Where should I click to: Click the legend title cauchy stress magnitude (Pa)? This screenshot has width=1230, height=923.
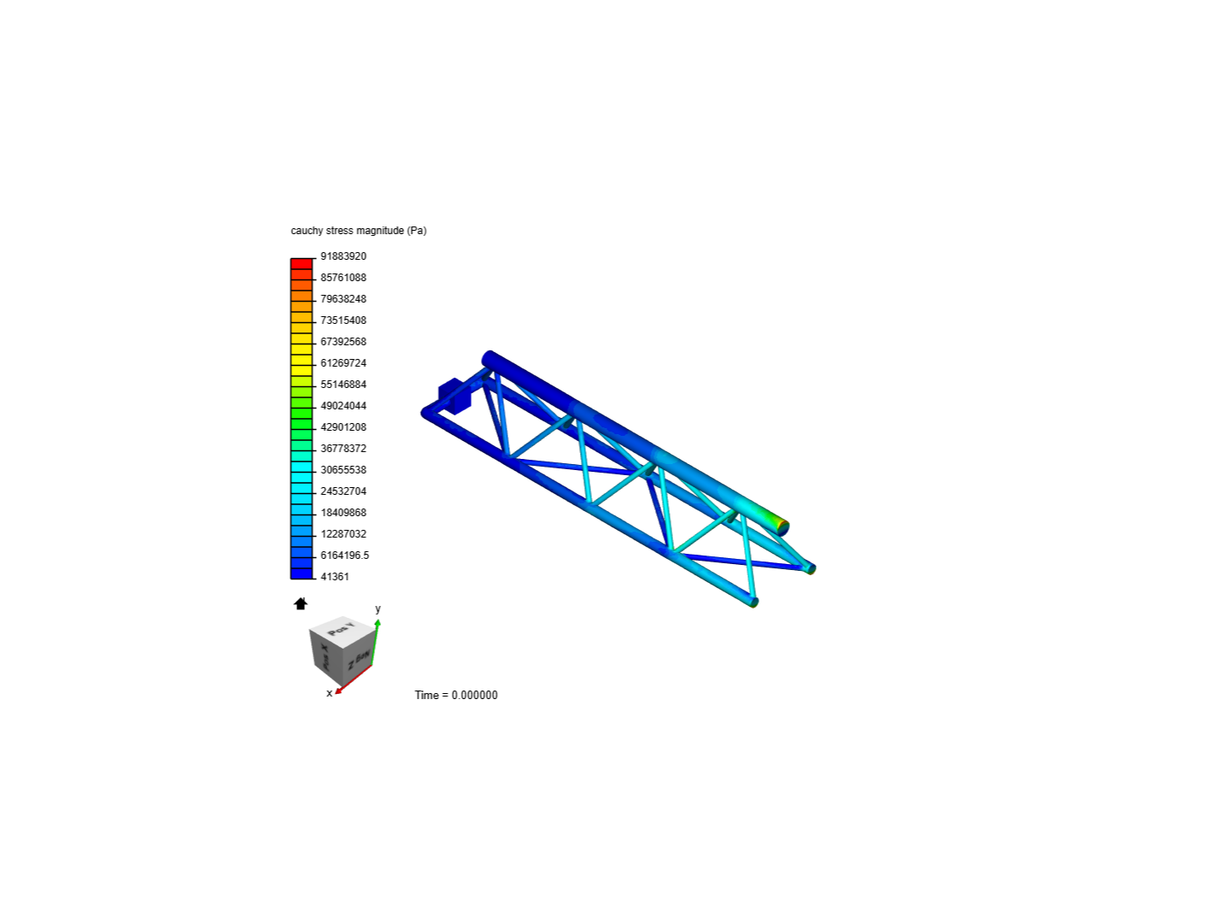coord(358,231)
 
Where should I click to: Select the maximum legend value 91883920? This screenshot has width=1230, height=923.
coord(343,256)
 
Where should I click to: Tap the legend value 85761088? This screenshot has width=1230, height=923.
coord(343,278)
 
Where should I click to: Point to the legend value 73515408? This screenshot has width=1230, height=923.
coord(343,320)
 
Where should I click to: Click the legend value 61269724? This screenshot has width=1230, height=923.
coord(343,363)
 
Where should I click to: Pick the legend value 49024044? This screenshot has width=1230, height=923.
coord(343,406)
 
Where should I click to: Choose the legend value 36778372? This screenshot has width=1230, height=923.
coord(343,449)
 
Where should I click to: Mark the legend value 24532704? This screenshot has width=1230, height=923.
coord(343,491)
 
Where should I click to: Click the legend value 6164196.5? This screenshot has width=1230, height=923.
coord(344,556)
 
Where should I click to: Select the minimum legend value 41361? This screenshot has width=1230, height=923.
coord(335,577)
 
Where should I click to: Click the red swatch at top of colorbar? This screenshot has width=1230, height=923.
coord(302,264)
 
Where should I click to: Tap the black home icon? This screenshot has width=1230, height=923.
coord(301,604)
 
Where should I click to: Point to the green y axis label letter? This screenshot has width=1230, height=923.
coord(378,609)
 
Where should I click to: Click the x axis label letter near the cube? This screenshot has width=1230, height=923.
coord(330,693)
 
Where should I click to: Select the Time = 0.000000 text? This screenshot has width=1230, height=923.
coord(456,695)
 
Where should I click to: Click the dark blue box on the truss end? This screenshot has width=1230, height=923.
coord(454,397)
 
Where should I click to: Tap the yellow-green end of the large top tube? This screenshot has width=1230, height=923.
coord(777,524)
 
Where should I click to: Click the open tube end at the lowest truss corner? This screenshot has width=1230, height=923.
coord(754,603)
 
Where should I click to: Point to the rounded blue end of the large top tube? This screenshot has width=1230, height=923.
coord(489,357)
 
